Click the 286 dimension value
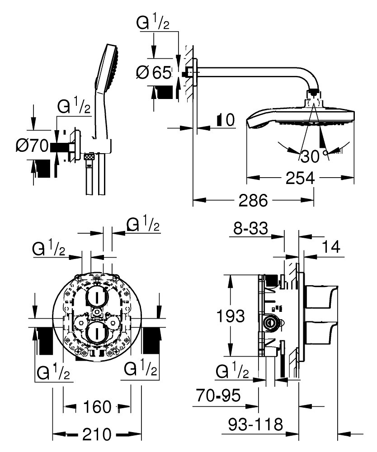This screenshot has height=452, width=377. click(x=253, y=200)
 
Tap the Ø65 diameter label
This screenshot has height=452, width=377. click(x=154, y=72)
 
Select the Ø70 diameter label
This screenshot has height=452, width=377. click(x=32, y=146)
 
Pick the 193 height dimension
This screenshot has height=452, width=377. click(x=230, y=316)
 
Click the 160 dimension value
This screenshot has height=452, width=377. click(x=97, y=407)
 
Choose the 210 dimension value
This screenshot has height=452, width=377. click(x=97, y=434)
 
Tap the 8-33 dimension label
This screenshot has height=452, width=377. click(x=250, y=228)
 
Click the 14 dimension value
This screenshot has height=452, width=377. click(x=331, y=247)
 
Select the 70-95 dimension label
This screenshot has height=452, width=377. click(x=218, y=395)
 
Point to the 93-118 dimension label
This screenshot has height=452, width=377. click(x=255, y=424)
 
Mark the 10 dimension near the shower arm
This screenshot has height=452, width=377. click(x=226, y=120)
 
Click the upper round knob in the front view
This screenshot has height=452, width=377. click(x=97, y=297)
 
